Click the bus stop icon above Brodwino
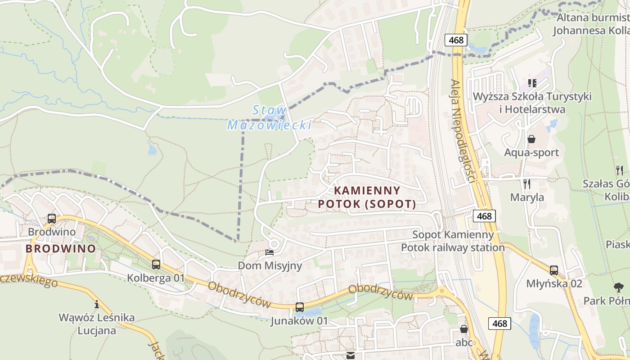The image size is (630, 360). click(52, 219)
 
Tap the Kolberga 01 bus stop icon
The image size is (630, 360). click(156, 265)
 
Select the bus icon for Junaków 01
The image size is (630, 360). click(299, 307)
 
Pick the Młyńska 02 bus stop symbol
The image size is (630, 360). click(554, 270)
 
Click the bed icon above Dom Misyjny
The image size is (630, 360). click(270, 252)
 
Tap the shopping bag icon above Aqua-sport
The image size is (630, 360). click(531, 139)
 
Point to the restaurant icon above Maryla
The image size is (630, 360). click(527, 184)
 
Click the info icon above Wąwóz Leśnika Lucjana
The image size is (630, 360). click(96, 304)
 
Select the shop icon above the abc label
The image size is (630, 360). click(464, 329)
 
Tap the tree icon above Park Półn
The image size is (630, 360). click(619, 287)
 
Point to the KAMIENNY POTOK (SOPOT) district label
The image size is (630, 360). click(367, 198)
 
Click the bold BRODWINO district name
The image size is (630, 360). click(61, 248)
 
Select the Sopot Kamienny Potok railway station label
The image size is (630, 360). click(453, 241)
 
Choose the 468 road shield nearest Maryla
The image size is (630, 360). click(484, 216)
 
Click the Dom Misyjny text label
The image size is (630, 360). click(270, 265)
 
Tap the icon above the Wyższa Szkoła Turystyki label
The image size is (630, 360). click(532, 83)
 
